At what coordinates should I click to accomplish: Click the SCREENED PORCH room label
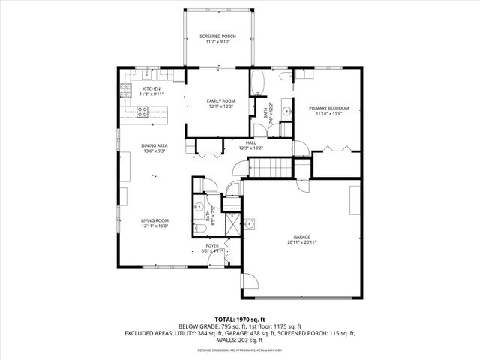pos(217,37)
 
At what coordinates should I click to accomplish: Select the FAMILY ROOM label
pos(221,100)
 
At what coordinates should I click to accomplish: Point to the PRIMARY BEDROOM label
pos(328,108)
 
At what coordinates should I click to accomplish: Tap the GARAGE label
pos(301,237)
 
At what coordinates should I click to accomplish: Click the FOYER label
pos(213,245)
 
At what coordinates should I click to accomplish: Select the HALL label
pos(251,142)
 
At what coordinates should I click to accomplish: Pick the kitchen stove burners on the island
pos(142,112)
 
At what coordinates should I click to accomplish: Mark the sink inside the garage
pos(250,223)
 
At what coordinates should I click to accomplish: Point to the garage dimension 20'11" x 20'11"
pos(301,243)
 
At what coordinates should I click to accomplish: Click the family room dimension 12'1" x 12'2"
pos(221,106)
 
